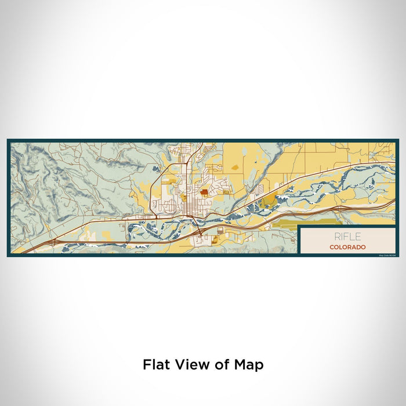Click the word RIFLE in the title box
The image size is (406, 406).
[347, 236]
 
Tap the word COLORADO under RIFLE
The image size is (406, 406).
[347, 247]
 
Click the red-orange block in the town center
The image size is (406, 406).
[205, 193]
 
